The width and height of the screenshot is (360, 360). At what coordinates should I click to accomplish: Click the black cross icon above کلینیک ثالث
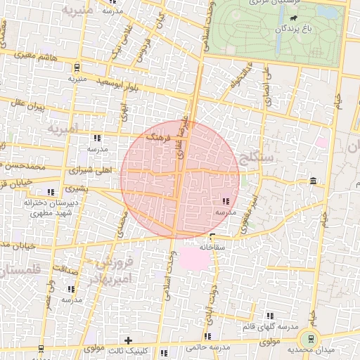[128, 341]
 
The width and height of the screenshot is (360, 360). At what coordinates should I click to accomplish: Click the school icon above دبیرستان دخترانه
[50, 192]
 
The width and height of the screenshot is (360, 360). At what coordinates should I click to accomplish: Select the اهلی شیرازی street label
[85, 171]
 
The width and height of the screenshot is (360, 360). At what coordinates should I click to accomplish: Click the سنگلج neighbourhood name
[251, 155]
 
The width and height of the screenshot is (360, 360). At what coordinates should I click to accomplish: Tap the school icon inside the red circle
[224, 201]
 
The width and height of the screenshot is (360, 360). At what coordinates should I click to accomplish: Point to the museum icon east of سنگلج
[312, 182]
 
